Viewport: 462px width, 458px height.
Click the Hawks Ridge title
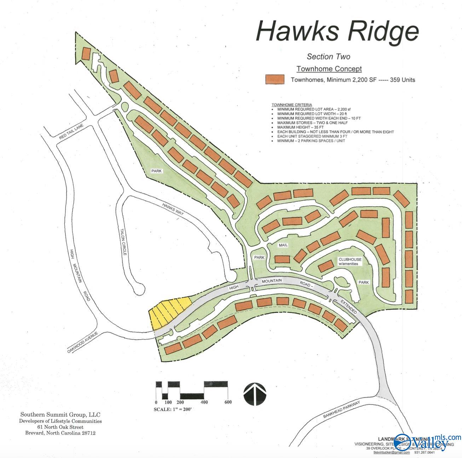pyautogui.click(x=337, y=31)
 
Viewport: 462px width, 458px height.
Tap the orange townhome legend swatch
pyautogui.click(x=275, y=79)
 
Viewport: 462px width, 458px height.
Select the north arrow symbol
pyautogui.click(x=255, y=394)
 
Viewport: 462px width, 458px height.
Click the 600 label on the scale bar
pyautogui.click(x=228, y=402)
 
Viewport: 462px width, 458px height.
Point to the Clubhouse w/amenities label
pyautogui.click(x=350, y=262)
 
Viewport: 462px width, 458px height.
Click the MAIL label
pyautogui.click(x=283, y=245)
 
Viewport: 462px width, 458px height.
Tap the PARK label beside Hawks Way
pyautogui.click(x=156, y=171)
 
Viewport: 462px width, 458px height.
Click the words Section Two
pyautogui.click(x=328, y=57)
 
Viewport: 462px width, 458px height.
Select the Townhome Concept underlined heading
pyautogui.click(x=329, y=69)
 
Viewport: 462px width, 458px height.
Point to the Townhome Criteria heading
pyautogui.click(x=291, y=105)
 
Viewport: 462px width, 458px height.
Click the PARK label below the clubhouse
pyautogui.click(x=363, y=282)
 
